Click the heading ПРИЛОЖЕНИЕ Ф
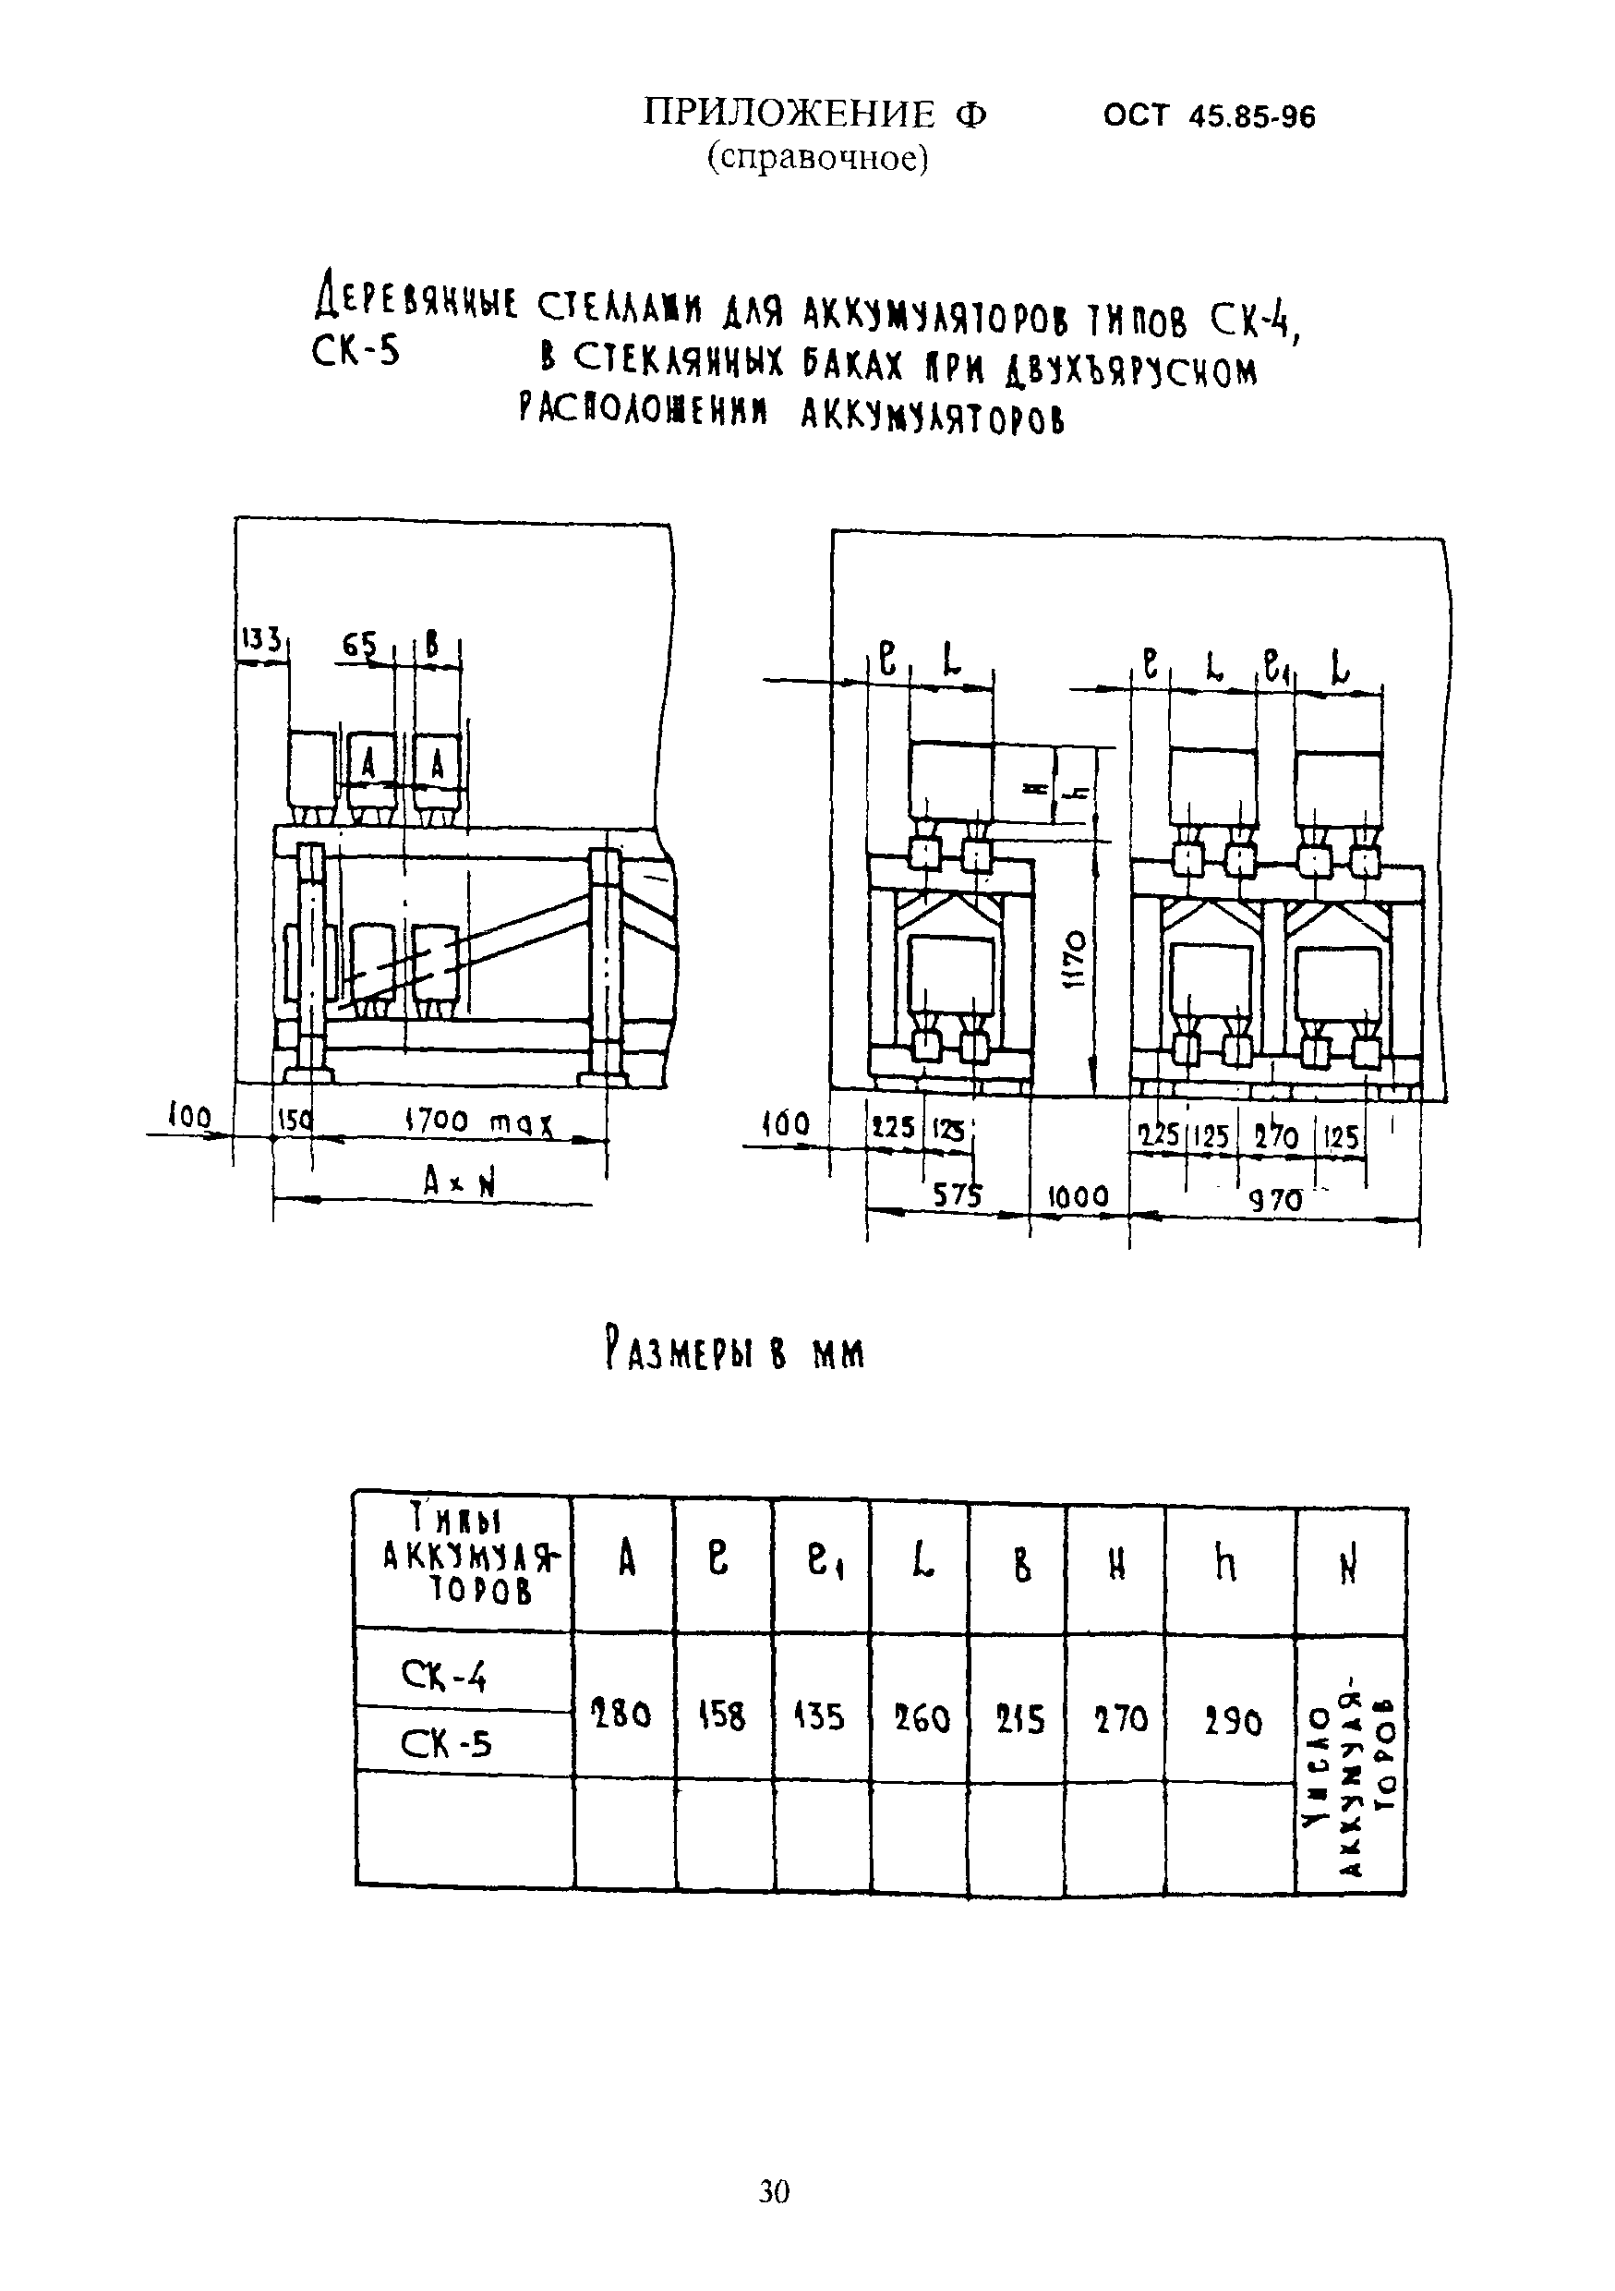click(815, 115)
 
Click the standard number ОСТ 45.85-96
click(1209, 117)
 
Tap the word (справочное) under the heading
click(818, 158)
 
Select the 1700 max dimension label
click(479, 1121)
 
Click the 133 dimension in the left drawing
click(261, 639)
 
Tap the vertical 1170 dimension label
click(1073, 960)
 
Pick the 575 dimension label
click(957, 1194)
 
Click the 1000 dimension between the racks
click(1078, 1196)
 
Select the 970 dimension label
click(1276, 1199)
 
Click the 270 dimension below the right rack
click(1276, 1136)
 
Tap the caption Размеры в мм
click(734, 1352)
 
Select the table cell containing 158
click(721, 1716)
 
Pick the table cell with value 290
click(1232, 1721)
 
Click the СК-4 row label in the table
click(443, 1676)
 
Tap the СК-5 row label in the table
click(445, 1743)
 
